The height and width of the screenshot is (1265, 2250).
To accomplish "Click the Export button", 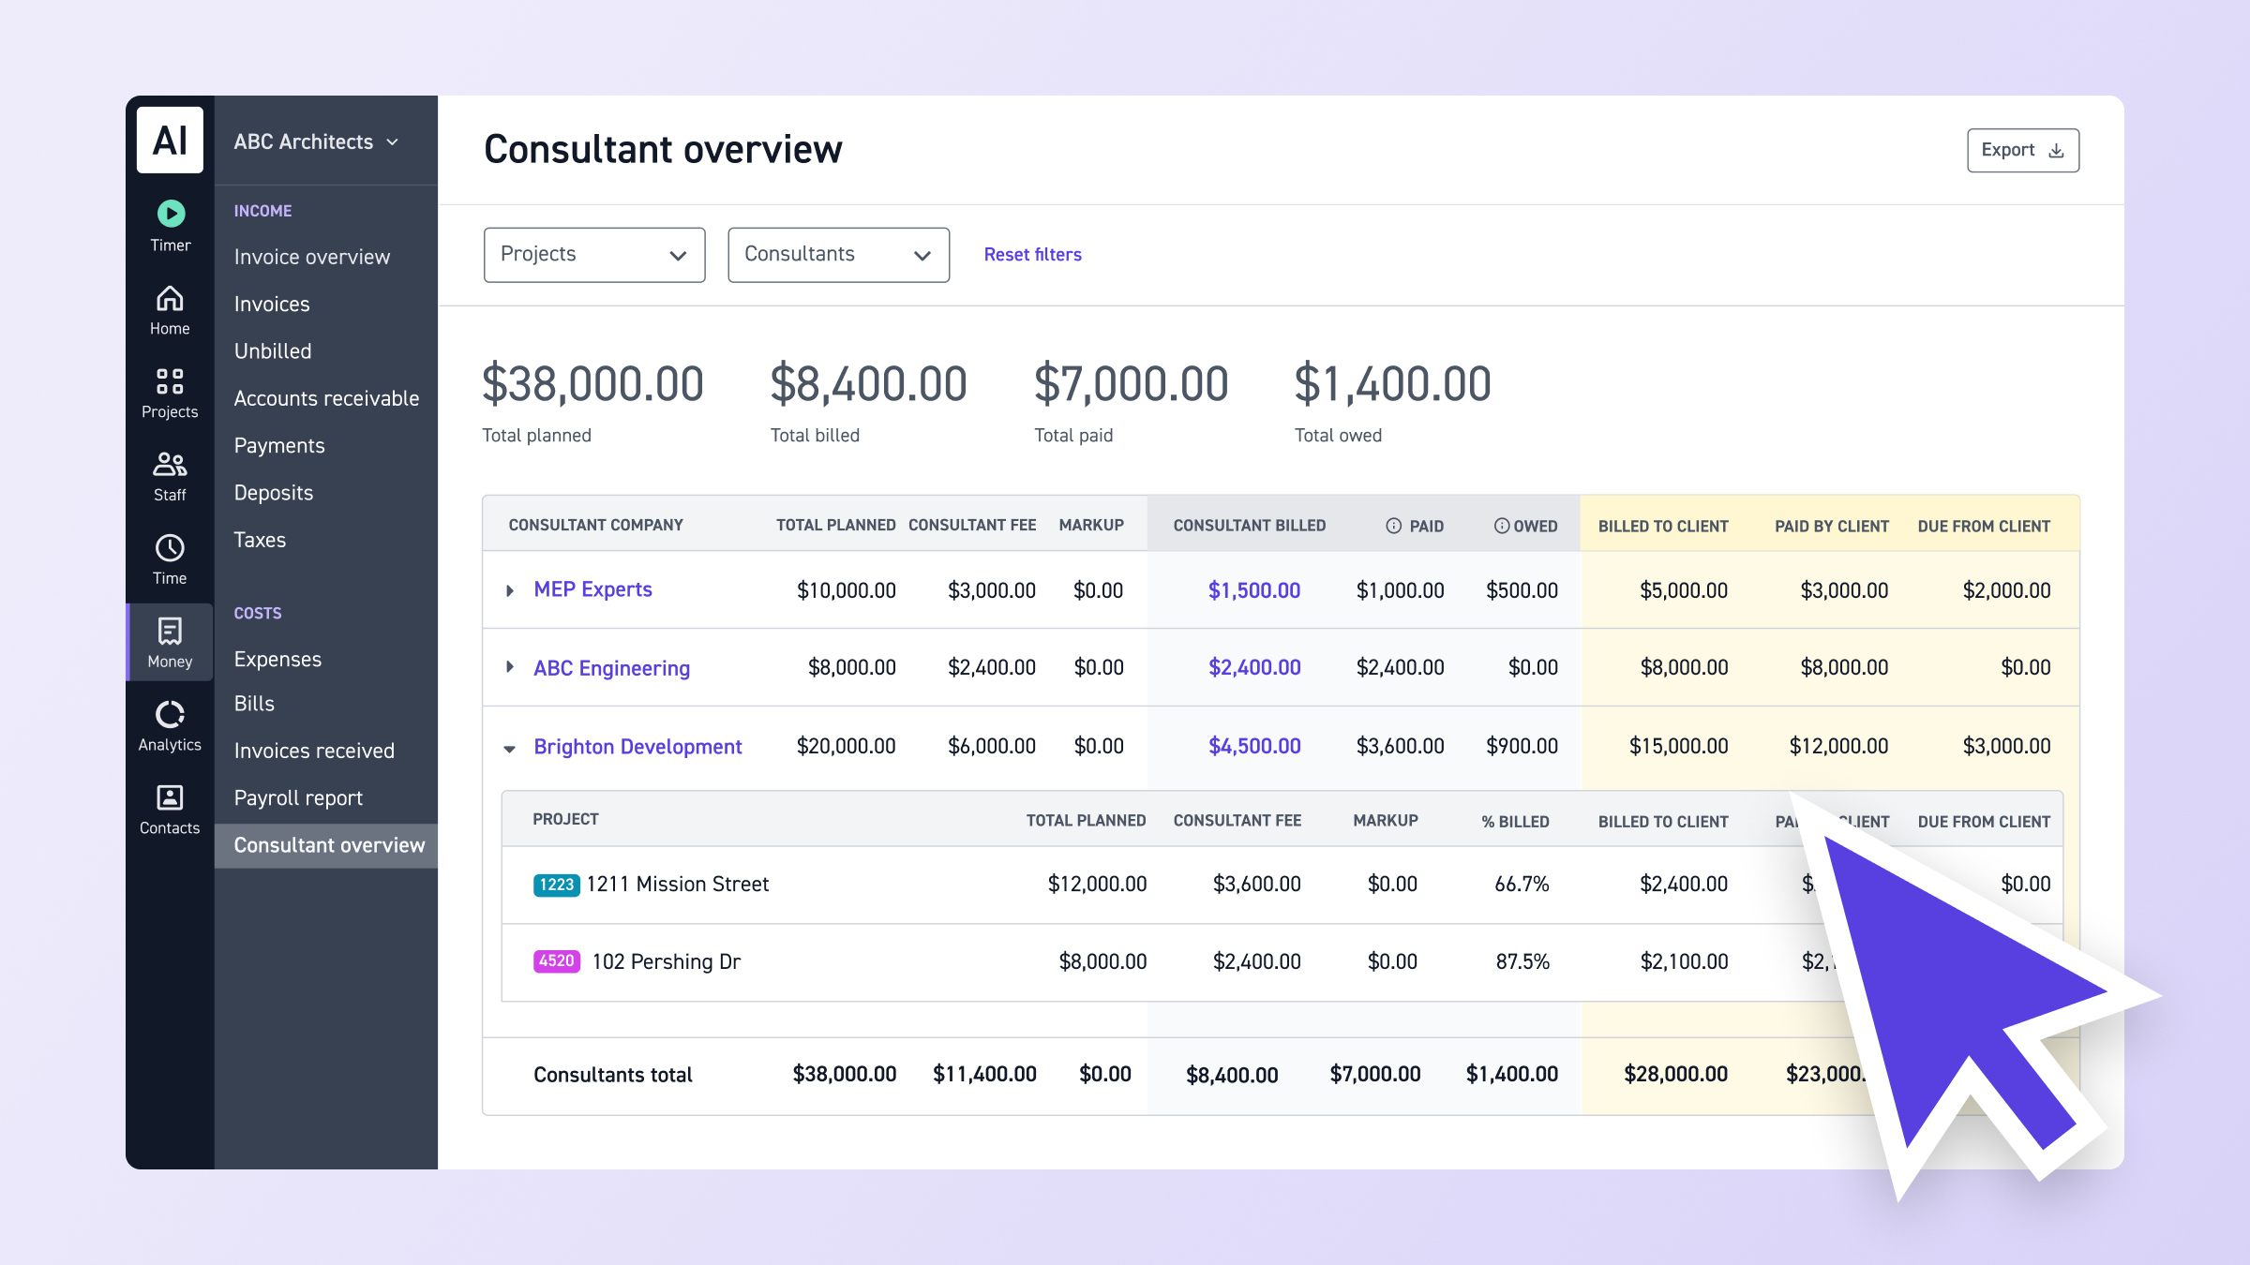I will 2022,151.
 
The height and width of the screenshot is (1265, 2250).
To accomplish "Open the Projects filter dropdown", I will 594,255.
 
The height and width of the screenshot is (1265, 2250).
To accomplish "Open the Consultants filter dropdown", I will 838,255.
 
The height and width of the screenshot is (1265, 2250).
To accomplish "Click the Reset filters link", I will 1032,255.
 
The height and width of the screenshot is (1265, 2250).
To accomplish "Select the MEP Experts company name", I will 592,589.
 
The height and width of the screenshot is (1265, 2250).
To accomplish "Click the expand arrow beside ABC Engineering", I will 510,667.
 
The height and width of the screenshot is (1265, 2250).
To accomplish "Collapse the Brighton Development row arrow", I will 510,748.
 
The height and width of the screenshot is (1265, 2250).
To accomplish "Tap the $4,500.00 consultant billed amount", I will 1253,746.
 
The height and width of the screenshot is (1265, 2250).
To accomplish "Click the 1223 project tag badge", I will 556,885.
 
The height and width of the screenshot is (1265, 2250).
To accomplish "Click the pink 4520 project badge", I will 556,961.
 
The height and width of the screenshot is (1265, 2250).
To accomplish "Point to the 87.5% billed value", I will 1522,962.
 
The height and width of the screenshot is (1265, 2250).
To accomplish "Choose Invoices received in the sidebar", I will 314,751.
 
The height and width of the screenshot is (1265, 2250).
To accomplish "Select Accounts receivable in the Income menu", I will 326,398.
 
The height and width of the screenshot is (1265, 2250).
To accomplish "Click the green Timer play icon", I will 171,214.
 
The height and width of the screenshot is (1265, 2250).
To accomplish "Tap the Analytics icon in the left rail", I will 170,715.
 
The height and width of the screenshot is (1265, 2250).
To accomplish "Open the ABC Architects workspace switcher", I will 316,141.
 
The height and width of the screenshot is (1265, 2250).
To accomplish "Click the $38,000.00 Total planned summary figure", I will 592,384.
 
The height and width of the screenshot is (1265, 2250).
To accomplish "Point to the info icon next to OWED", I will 1502,526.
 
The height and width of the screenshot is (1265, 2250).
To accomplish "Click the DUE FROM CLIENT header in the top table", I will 1983,527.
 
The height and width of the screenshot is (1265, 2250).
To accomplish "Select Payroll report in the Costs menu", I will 298,798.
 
